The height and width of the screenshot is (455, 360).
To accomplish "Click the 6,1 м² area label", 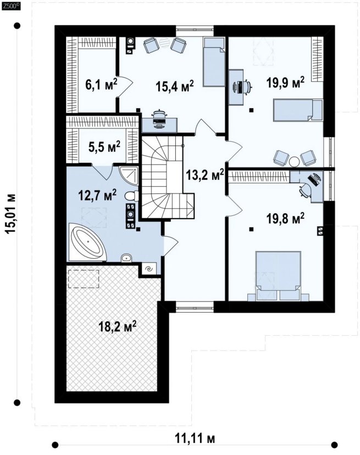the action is pyautogui.click(x=101, y=85).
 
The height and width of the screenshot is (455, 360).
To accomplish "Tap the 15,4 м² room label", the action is pyautogui.click(x=174, y=86).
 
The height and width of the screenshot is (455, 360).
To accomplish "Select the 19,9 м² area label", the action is pyautogui.click(x=285, y=82).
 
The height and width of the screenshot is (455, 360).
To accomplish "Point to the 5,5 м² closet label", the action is pyautogui.click(x=104, y=147).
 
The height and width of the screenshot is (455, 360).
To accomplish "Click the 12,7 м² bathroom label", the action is pyautogui.click(x=97, y=195).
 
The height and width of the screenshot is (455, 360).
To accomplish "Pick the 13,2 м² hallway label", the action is pyautogui.click(x=205, y=175).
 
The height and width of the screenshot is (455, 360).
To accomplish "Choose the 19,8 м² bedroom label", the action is pyautogui.click(x=285, y=219).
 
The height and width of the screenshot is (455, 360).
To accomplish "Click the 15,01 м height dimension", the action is pyautogui.click(x=11, y=214).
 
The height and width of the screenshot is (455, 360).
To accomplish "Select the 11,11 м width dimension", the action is pyautogui.click(x=195, y=438).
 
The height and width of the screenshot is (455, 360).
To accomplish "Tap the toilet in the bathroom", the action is pyautogui.click(x=132, y=196).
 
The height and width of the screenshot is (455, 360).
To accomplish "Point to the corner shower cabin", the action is pyautogui.click(x=129, y=175).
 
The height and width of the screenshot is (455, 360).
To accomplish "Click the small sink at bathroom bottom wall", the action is pyautogui.click(x=126, y=258).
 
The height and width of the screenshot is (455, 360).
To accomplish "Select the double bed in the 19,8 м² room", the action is pyautogui.click(x=278, y=276).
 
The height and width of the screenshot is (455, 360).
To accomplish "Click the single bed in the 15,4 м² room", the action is pyautogui.click(x=214, y=62).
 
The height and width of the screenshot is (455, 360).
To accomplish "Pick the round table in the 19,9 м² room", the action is pyautogui.click(x=295, y=162).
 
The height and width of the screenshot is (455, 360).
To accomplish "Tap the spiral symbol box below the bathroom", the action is pyautogui.click(x=149, y=268).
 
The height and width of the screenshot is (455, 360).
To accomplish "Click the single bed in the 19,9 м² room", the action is pyautogui.click(x=298, y=110).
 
